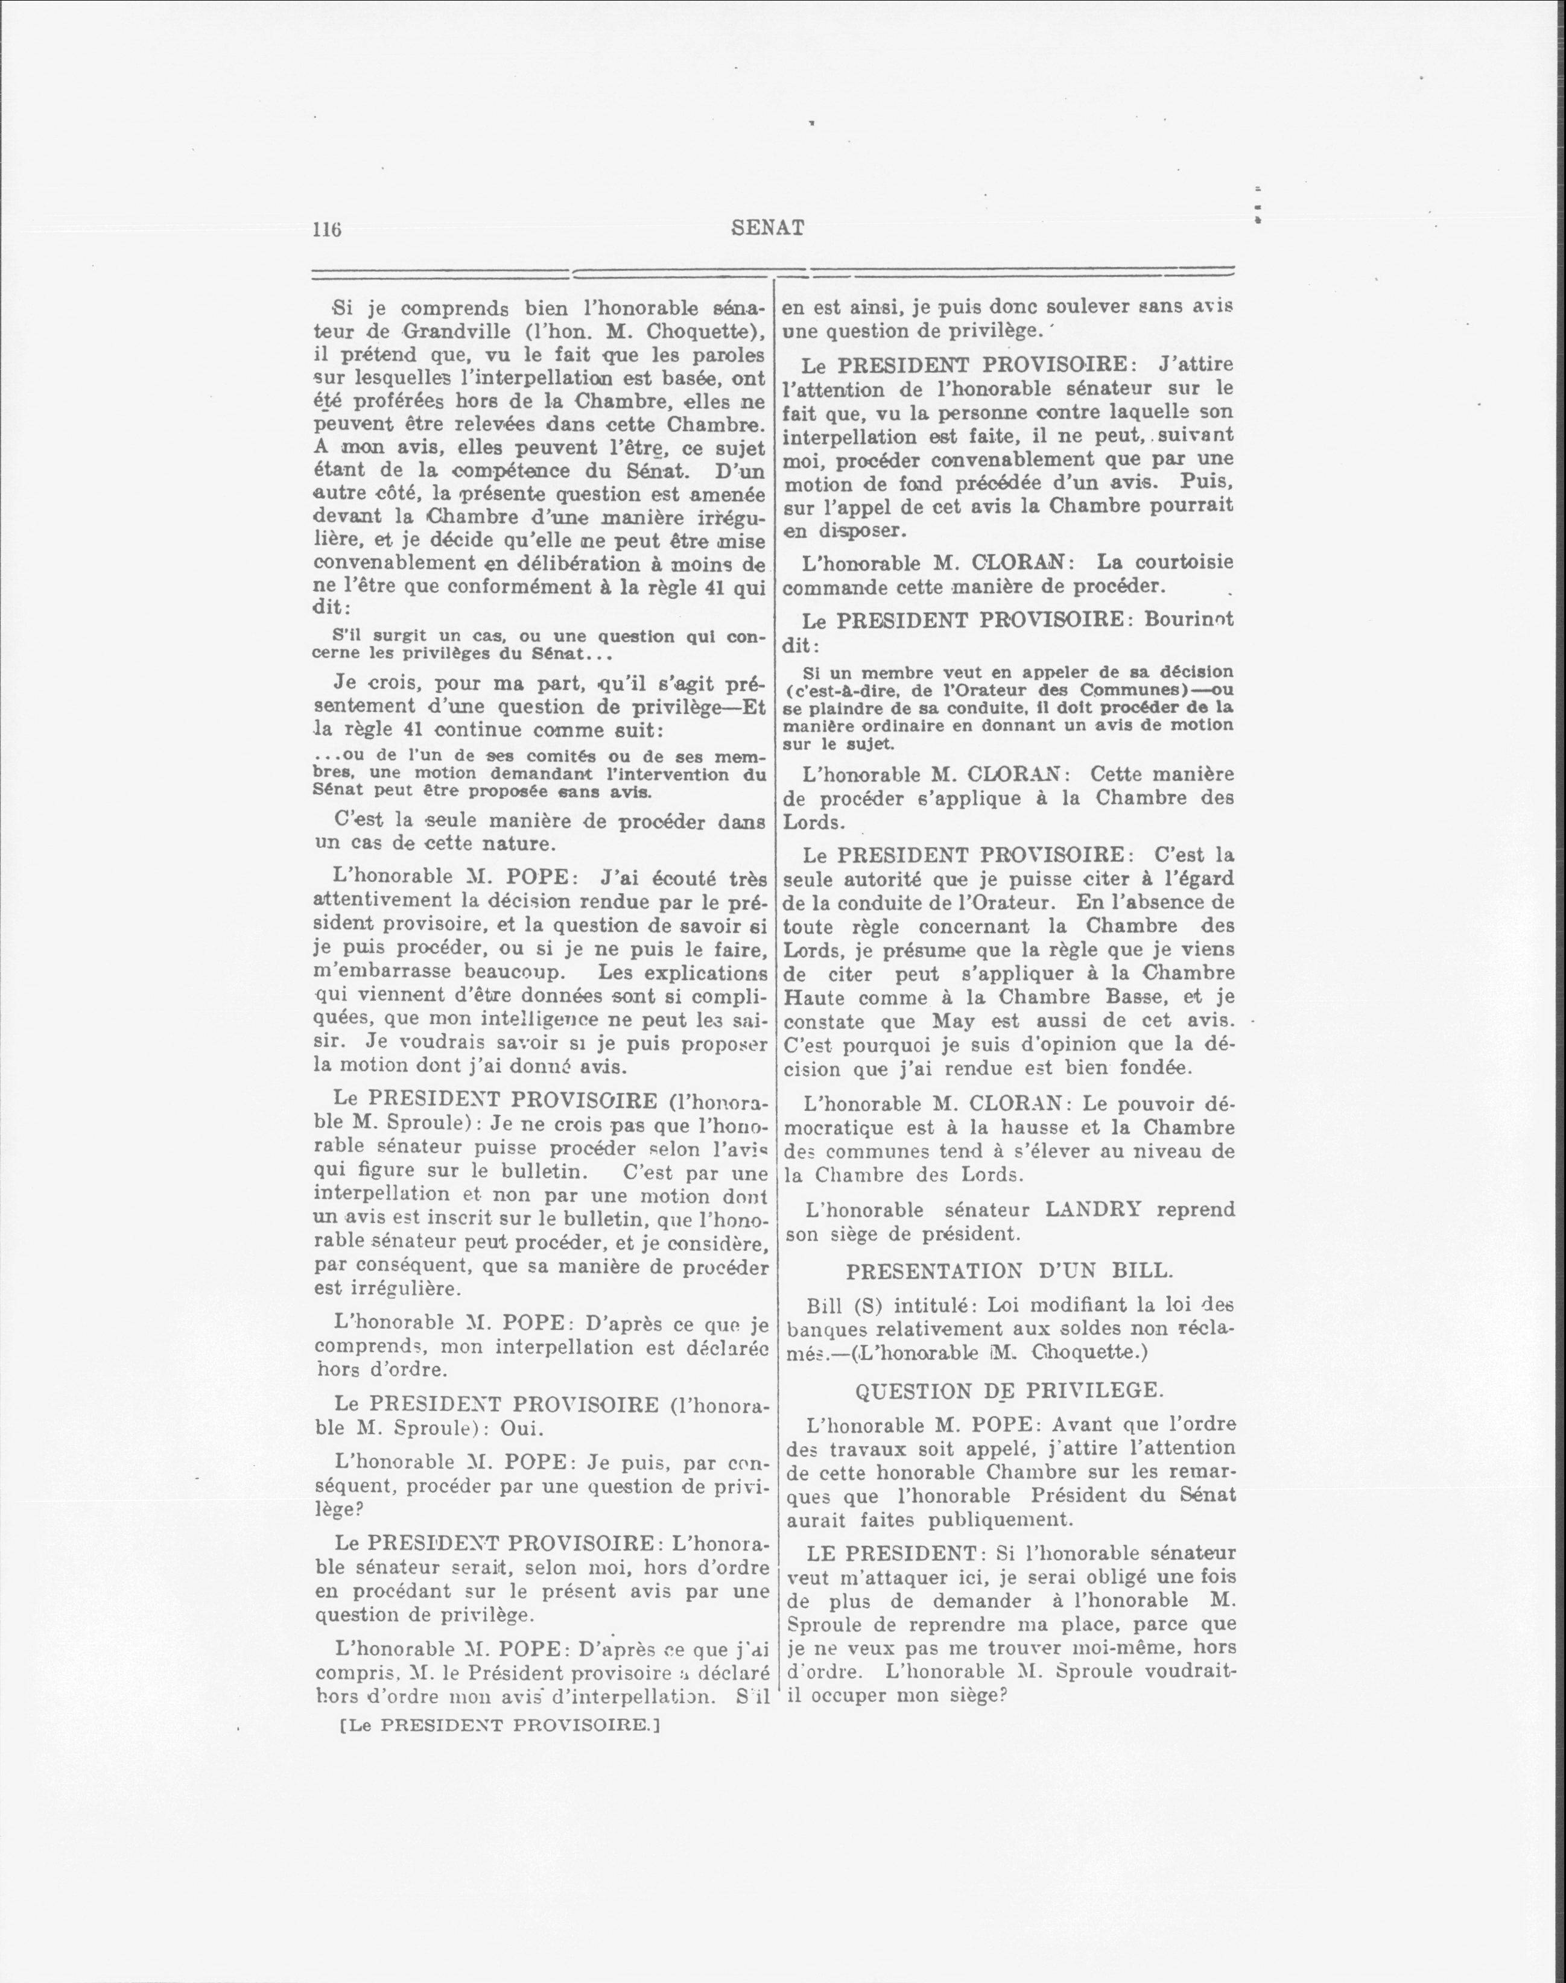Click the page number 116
tap(326, 230)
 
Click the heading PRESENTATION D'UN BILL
tap(1007, 1271)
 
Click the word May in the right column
tap(952, 1020)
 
